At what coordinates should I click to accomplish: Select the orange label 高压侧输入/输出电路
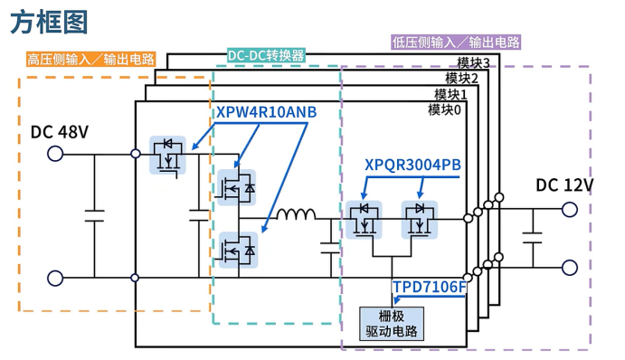(x=90, y=60)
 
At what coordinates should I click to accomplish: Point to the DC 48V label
(x=60, y=132)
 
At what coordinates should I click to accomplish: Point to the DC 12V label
(x=564, y=185)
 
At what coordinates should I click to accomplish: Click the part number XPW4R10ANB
(x=267, y=112)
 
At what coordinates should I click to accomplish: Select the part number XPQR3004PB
(x=412, y=165)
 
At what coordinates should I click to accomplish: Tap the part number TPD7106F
(x=429, y=288)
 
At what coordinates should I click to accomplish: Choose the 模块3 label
(x=473, y=63)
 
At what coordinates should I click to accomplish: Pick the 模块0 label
(x=444, y=109)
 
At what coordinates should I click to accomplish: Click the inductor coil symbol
(x=295, y=215)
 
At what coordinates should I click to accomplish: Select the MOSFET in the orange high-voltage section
(x=167, y=155)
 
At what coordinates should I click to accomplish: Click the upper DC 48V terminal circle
(x=55, y=155)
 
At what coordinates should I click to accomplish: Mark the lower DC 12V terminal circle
(x=570, y=268)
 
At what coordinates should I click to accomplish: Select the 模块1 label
(x=450, y=94)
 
